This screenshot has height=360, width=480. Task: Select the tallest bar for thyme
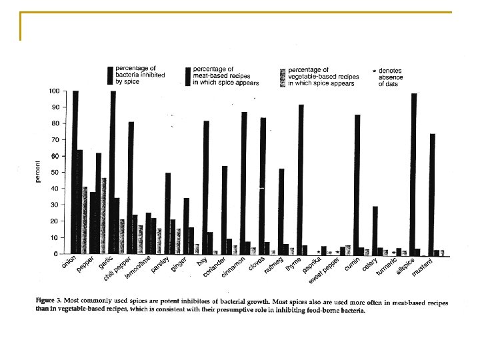pyautogui.click(x=301, y=179)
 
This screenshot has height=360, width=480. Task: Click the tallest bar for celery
pyautogui.click(x=375, y=230)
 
